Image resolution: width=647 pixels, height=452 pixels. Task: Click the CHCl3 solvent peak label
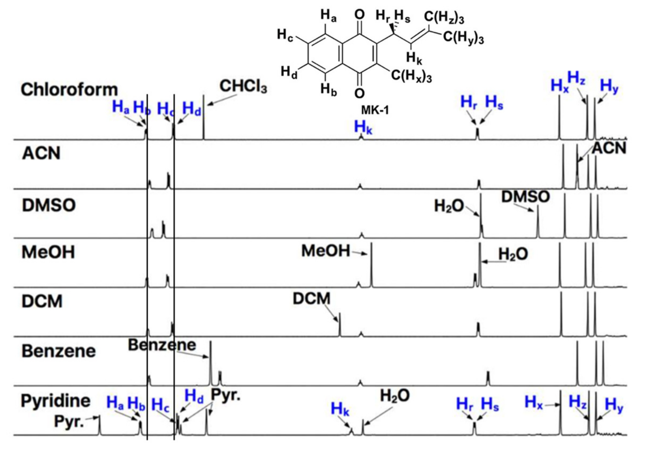click(x=243, y=86)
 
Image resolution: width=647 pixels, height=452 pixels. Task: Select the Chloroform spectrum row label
click(x=69, y=90)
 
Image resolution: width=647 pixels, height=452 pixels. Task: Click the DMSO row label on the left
click(x=49, y=205)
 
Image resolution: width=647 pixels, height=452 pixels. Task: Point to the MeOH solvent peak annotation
click(x=325, y=251)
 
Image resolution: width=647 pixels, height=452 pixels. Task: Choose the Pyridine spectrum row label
click(x=55, y=401)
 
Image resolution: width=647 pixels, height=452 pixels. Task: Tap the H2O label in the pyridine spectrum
click(x=395, y=396)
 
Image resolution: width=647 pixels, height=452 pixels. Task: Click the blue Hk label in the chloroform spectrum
click(x=363, y=127)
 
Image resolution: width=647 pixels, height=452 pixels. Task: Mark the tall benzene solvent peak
click(x=210, y=364)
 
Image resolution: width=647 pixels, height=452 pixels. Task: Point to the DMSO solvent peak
click(x=538, y=223)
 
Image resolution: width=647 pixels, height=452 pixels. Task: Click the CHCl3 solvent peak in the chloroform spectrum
click(x=204, y=118)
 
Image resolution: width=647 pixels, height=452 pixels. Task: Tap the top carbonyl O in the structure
click(x=359, y=15)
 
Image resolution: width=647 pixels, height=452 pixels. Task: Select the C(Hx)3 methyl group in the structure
click(x=411, y=76)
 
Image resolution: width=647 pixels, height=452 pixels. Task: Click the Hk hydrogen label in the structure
click(x=414, y=59)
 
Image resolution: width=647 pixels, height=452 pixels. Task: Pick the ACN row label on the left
click(x=41, y=154)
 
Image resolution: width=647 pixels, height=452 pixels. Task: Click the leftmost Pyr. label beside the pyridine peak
click(x=69, y=421)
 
